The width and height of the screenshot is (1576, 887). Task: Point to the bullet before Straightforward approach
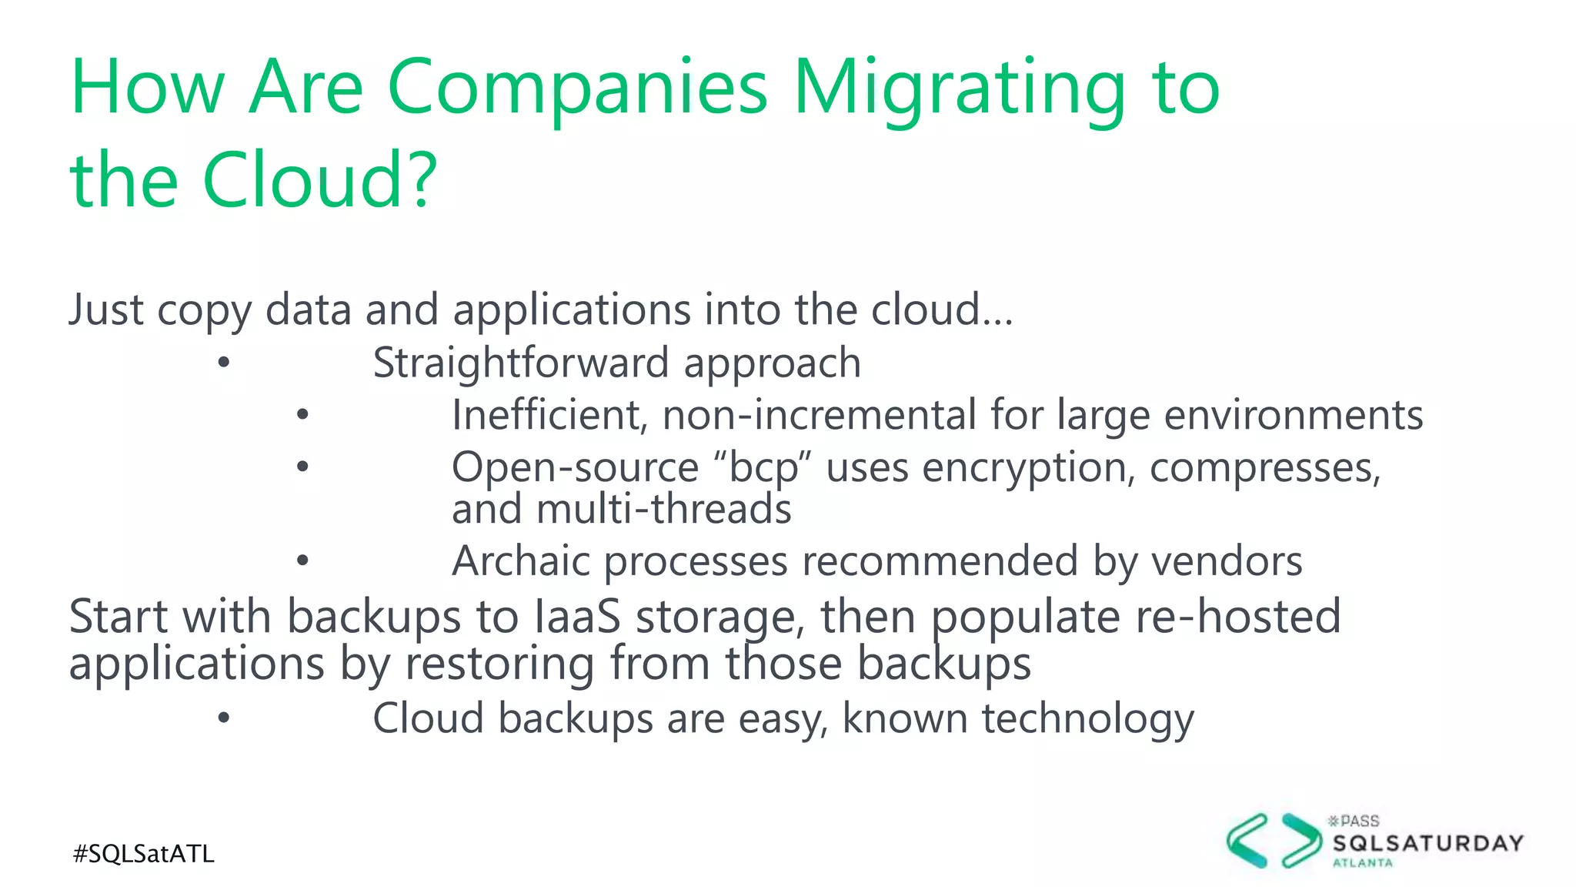tap(223, 363)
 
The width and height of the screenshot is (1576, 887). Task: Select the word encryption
tap(1028, 468)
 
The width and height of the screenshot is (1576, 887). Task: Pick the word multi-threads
tap(664, 510)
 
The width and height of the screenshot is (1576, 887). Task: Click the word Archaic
tap(521, 561)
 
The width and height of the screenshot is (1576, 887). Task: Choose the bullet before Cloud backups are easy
tap(223, 718)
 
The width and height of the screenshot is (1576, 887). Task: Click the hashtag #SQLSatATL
tap(143, 854)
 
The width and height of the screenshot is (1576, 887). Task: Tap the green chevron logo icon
tap(1274, 841)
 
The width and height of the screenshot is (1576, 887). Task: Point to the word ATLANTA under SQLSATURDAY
tap(1363, 863)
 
